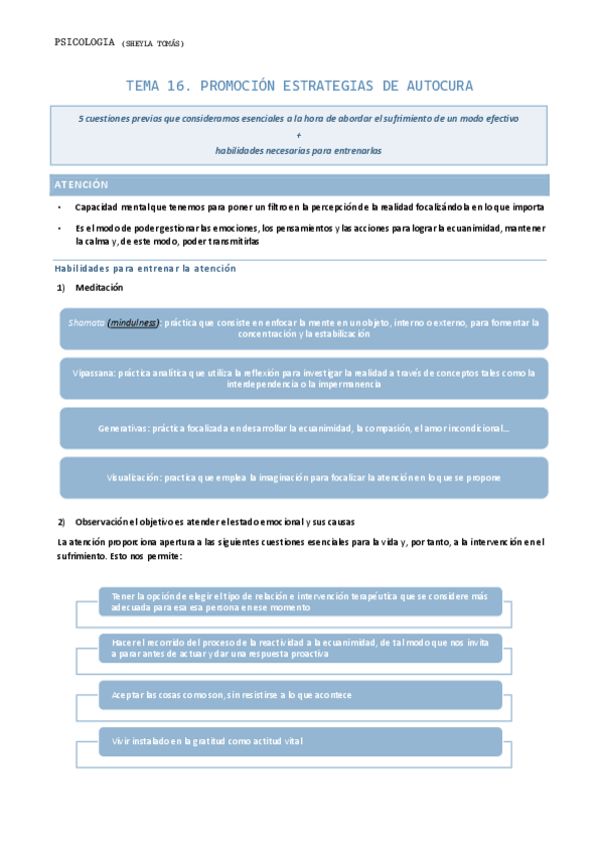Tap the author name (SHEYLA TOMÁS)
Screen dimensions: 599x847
[152, 43]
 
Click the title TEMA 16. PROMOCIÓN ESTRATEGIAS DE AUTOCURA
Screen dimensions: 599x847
[299, 86]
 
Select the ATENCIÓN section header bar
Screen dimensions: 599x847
[299, 185]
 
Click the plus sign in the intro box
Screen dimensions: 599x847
[299, 134]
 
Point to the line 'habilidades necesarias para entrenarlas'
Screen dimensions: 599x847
[299, 150]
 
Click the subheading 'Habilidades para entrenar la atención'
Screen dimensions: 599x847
[144, 269]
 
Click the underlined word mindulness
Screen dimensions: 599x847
[133, 323]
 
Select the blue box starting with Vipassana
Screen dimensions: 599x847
[304, 379]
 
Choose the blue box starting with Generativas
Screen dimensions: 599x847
[304, 427]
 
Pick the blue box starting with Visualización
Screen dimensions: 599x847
[304, 477]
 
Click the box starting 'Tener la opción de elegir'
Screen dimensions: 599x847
[300, 600]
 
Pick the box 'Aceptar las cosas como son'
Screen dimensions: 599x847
[300, 694]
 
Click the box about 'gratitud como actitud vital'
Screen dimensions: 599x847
[300, 741]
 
